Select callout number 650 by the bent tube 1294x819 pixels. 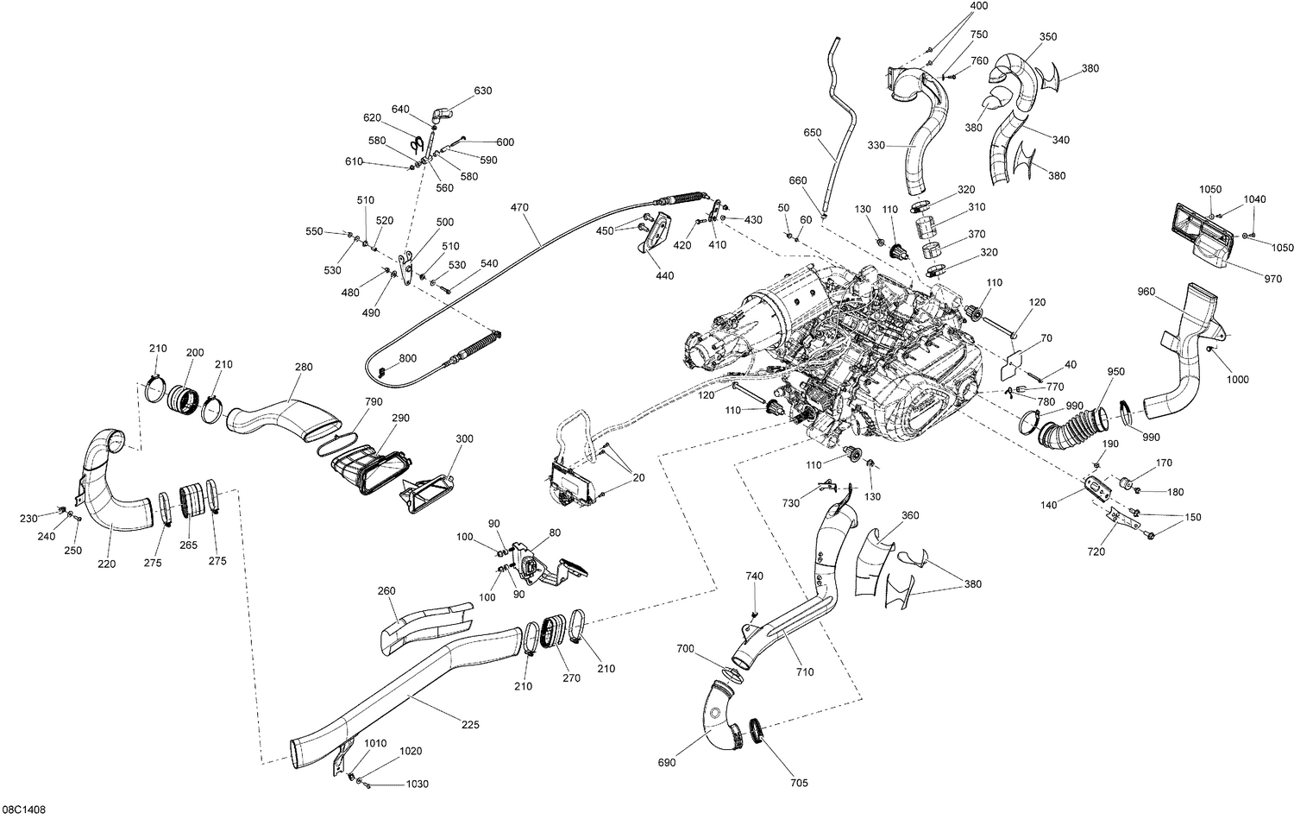pyautogui.click(x=812, y=134)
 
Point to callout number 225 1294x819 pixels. pyautogui.click(x=470, y=724)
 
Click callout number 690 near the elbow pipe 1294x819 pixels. pyautogui.click(x=666, y=763)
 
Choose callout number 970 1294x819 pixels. pyautogui.click(x=1272, y=279)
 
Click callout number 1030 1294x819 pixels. pyautogui.click(x=417, y=784)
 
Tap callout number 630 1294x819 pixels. pyautogui.click(x=483, y=91)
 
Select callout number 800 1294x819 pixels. pyautogui.click(x=407, y=358)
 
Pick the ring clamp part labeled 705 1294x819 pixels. pyautogui.click(x=757, y=732)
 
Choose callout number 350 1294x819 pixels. pyautogui.click(x=1048, y=37)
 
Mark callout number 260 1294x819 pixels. pyautogui.click(x=386, y=591)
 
